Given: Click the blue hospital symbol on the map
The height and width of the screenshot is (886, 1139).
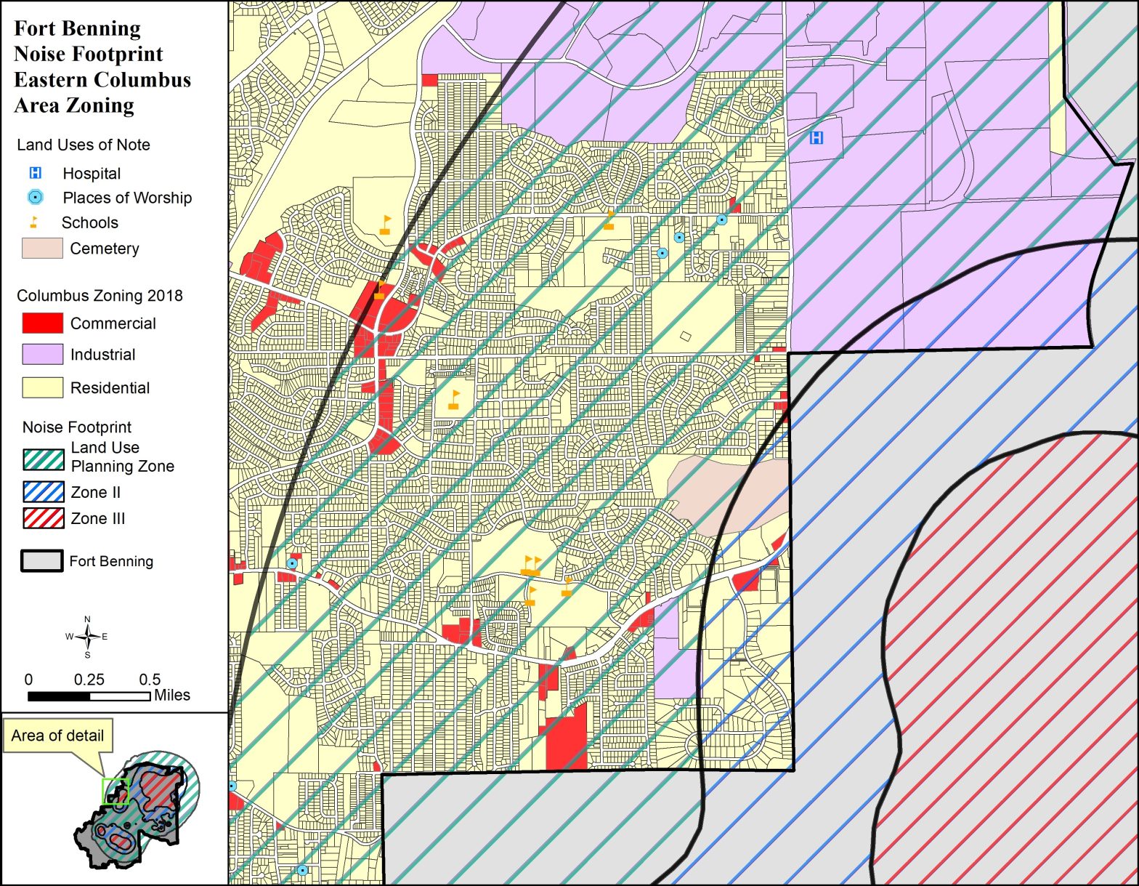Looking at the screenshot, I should [816, 137].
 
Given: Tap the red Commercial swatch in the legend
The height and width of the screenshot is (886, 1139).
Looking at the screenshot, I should [42, 323].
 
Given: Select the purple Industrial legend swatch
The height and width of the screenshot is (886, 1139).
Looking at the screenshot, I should [42, 355].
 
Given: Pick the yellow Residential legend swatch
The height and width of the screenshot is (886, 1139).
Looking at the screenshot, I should [42, 387].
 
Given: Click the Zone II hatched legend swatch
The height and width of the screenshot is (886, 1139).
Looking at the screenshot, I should [44, 492].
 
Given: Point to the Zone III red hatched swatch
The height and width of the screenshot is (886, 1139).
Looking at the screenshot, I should [44, 518].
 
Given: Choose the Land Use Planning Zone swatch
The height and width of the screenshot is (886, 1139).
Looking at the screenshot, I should [44, 459].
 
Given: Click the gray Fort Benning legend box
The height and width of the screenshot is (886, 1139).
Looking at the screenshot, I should [41, 561].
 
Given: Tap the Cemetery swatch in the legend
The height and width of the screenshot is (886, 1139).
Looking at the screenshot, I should [42, 248].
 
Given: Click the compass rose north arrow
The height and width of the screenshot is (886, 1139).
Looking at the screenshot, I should [87, 637].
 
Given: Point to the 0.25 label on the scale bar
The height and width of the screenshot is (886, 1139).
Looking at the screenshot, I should [89, 680].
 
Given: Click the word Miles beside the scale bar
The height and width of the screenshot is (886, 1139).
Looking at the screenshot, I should [172, 696].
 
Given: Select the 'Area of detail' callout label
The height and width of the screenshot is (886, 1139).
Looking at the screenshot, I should [57, 736].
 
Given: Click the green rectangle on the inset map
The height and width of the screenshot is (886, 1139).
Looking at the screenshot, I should [115, 791].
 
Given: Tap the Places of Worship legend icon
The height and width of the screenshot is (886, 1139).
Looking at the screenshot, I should [35, 197].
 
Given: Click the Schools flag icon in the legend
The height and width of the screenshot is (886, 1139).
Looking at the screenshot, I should [33, 222].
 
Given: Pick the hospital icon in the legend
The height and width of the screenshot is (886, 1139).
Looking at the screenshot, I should [35, 173].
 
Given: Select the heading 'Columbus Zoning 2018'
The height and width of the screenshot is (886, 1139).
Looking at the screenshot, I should [100, 296].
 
